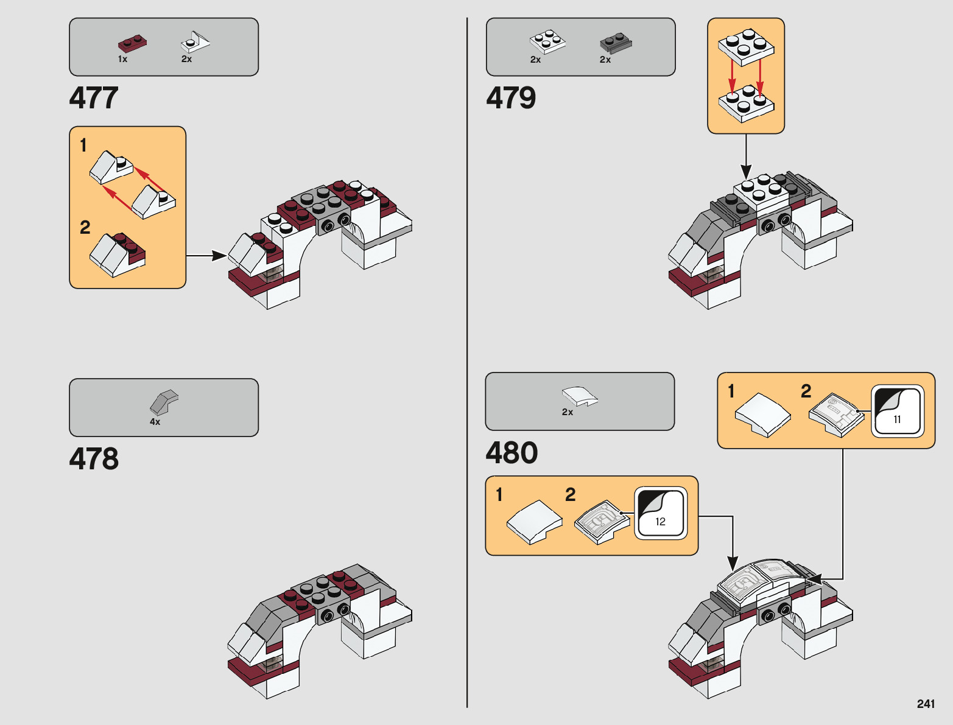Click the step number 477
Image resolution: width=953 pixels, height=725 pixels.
click(x=94, y=98)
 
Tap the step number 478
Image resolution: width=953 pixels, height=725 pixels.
click(x=94, y=459)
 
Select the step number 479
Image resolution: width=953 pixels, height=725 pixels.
click(x=511, y=98)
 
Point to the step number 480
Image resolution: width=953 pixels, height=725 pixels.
click(x=512, y=453)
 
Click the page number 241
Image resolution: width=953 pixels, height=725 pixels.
click(x=925, y=704)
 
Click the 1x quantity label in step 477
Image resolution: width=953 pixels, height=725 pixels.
click(x=122, y=59)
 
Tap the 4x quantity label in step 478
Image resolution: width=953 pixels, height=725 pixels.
click(x=155, y=422)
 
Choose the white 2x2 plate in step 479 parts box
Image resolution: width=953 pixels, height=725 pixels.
click(x=547, y=41)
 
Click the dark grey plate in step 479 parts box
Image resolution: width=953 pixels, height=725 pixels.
click(x=616, y=43)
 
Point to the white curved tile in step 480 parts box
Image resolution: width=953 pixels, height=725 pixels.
click(x=580, y=396)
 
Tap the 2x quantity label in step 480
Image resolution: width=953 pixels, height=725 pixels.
click(x=567, y=412)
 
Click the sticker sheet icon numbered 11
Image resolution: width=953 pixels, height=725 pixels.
click(x=897, y=411)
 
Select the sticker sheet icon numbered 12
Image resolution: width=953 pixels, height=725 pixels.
click(x=661, y=513)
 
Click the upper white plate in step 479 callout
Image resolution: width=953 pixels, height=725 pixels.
click(x=747, y=46)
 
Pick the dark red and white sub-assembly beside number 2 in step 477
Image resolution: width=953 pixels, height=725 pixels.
click(x=118, y=254)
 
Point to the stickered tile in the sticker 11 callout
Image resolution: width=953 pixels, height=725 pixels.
click(x=837, y=414)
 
